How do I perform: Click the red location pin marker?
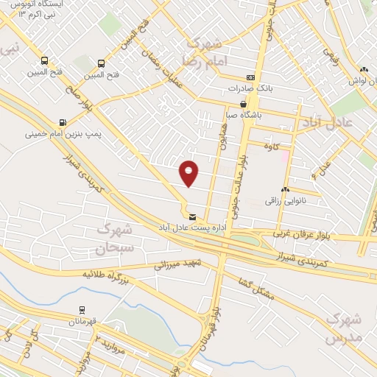tap(189, 173)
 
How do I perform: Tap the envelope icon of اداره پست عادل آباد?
tap(192, 217)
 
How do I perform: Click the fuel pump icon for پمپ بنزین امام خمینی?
tap(61, 123)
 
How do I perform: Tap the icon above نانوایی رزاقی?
tap(283, 190)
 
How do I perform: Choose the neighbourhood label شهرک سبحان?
tap(115, 238)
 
